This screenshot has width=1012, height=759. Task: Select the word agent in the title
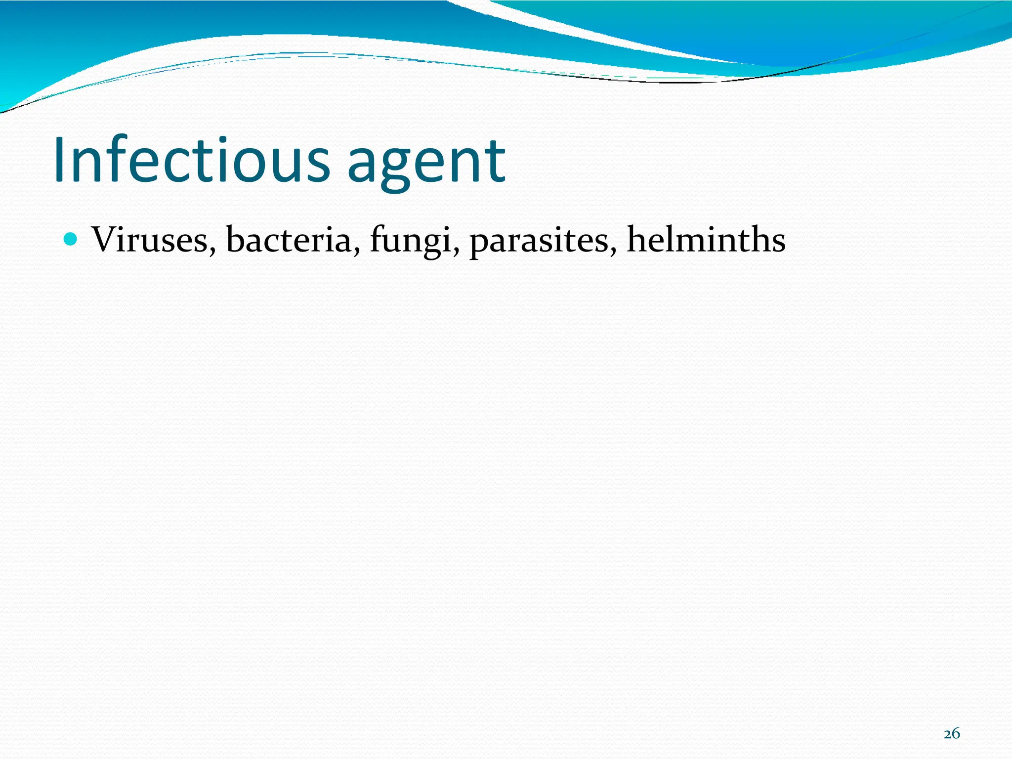[x=426, y=163]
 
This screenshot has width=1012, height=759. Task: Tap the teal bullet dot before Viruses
[x=71, y=240]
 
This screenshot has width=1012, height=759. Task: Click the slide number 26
[x=951, y=733]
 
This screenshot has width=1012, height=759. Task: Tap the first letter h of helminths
[x=637, y=239]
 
